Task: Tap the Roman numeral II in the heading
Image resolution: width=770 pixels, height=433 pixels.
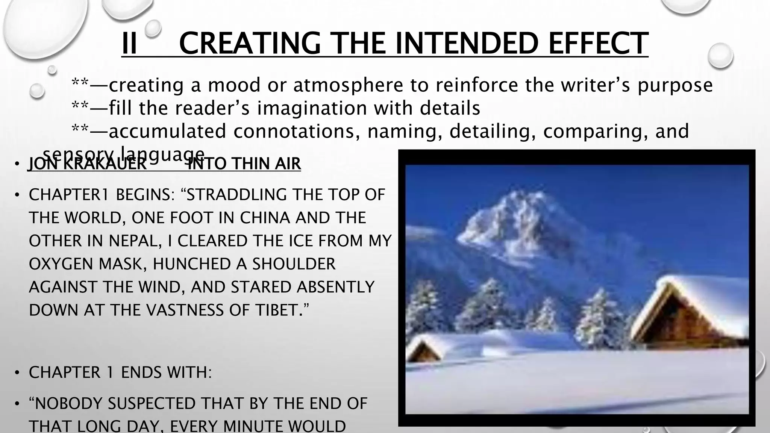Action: pos(129,44)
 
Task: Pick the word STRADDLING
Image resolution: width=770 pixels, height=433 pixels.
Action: pos(232,195)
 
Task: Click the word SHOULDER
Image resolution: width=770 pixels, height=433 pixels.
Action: pos(293,264)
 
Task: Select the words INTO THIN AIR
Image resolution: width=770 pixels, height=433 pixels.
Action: pos(244,164)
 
